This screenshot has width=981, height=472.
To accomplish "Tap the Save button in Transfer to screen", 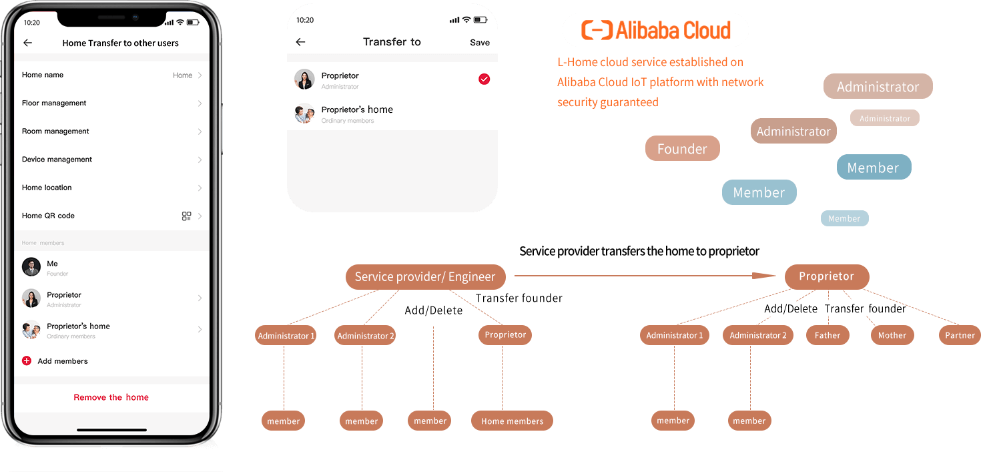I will click(479, 42).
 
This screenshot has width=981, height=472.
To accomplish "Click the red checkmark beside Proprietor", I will click(484, 79).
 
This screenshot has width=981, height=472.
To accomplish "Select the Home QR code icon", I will click(187, 216).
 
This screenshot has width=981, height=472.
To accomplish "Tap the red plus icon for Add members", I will click(27, 361).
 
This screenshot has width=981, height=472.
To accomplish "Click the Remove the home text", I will click(111, 397).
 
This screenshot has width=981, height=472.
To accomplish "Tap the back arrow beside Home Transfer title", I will click(27, 43).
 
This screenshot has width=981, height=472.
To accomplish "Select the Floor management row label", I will click(54, 103).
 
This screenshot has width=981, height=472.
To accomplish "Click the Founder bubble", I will click(682, 149).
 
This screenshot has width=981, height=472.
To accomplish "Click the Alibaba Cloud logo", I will click(655, 30).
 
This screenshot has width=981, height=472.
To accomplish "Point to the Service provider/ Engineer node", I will click(425, 276).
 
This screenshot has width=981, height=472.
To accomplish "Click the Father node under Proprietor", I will click(828, 335).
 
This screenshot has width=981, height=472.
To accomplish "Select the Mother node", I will click(892, 335).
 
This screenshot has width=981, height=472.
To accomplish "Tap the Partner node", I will click(960, 335).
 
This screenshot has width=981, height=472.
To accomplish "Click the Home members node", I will click(512, 421).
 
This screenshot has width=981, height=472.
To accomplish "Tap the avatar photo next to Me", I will click(31, 267).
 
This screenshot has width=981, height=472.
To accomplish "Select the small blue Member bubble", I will click(844, 218).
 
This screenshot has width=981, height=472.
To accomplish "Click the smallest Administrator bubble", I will click(884, 118).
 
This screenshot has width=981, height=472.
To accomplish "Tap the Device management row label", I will click(57, 160).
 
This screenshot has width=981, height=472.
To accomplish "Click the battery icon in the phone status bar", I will click(193, 22).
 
